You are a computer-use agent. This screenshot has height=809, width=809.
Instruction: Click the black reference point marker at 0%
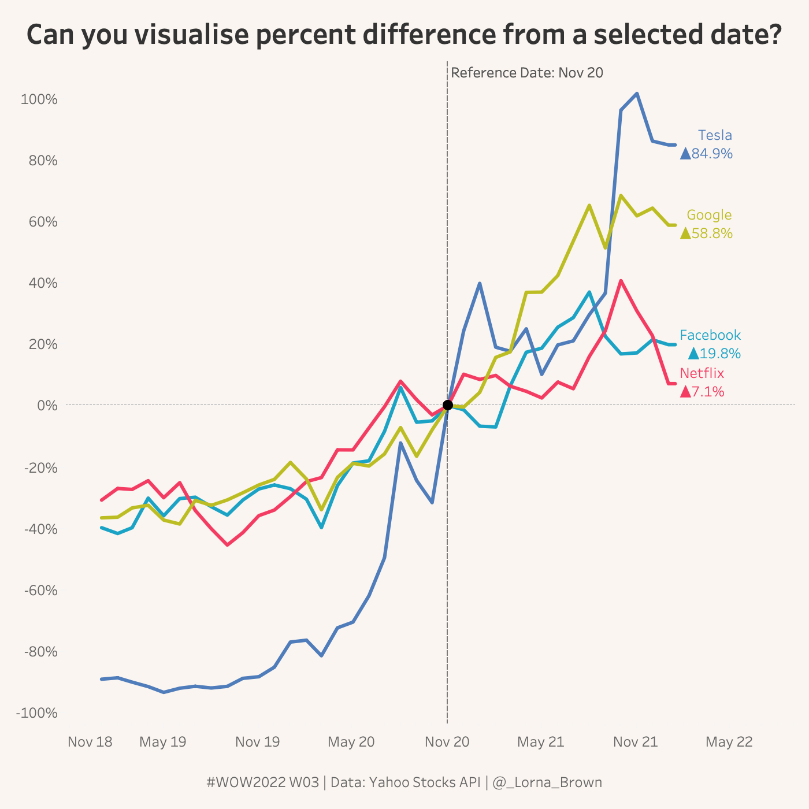pos(447,404)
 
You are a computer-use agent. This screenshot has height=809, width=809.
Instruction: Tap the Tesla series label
pos(715,135)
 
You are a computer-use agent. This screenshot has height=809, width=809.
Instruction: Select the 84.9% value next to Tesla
pos(711,154)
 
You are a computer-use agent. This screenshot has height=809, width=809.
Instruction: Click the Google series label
pos(709,215)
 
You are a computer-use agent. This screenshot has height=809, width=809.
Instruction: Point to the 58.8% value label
pos(711,233)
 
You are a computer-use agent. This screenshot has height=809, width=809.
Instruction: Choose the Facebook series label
pos(710,335)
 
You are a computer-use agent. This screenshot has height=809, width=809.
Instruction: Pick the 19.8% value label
pos(719,354)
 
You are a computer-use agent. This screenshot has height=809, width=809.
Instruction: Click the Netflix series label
pos(702,373)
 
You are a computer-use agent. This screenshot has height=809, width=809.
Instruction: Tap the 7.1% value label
pos(707,392)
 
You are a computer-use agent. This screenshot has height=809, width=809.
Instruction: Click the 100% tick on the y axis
pos(39,99)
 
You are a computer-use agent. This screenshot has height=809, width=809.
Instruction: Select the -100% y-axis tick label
pos(38,713)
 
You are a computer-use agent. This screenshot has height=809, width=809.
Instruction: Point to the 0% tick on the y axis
pos(47,406)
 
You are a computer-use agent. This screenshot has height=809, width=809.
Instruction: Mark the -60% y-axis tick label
pos(40,591)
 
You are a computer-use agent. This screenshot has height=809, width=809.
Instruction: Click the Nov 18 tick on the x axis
pos(90,742)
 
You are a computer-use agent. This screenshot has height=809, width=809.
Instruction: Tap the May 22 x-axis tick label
pos(729,742)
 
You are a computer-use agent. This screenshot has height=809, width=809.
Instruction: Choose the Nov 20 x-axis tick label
pos(447,742)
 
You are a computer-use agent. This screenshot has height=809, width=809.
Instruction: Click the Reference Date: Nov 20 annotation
pos(526,73)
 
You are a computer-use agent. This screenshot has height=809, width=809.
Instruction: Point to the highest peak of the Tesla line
pos(637,93)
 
